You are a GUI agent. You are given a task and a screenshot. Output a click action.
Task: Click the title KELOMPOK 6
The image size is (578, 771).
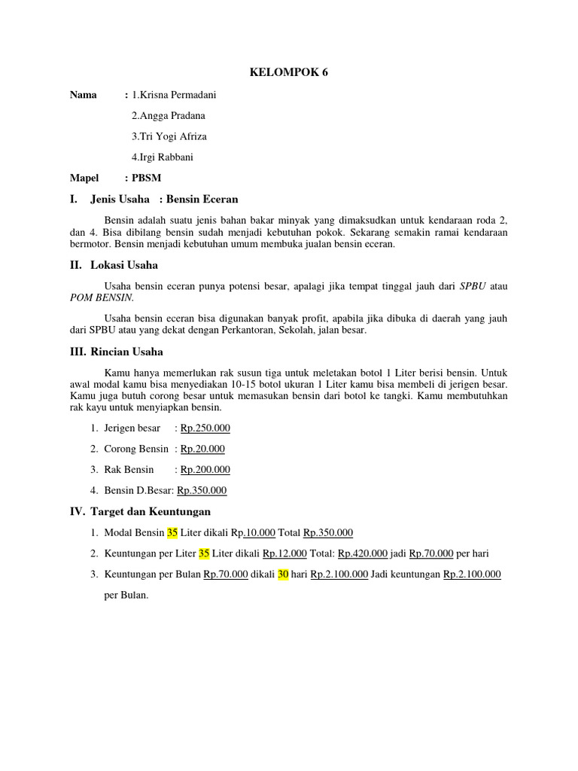(x=289, y=73)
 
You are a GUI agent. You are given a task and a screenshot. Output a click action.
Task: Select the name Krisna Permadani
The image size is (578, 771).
(x=178, y=95)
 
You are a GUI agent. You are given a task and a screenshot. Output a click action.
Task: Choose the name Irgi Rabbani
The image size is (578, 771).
(x=167, y=157)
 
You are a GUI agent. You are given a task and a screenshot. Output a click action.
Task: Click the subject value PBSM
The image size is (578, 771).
(x=147, y=178)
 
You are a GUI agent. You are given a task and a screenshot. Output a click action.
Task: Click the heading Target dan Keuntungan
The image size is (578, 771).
(x=150, y=511)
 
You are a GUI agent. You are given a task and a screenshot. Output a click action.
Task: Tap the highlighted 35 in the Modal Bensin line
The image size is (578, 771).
(x=172, y=532)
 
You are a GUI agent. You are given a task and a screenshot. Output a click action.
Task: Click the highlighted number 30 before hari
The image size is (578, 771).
(x=284, y=574)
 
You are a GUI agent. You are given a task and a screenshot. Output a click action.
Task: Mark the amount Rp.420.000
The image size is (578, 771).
(x=363, y=553)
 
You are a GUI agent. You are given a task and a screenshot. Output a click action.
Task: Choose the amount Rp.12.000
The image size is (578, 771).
(x=284, y=553)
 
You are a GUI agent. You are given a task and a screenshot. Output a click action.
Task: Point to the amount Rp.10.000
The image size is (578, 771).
(x=253, y=532)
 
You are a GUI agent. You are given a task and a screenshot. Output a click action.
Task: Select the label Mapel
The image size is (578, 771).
(x=84, y=178)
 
